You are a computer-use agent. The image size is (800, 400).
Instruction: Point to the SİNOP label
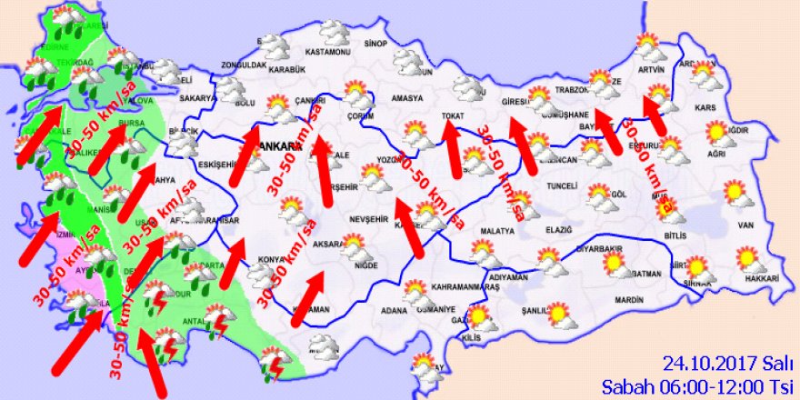375,44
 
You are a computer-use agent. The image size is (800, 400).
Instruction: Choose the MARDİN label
628,298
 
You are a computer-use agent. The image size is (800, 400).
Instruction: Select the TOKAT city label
452,115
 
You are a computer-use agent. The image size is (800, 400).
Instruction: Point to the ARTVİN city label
652,69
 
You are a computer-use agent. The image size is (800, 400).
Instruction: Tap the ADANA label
395,310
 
